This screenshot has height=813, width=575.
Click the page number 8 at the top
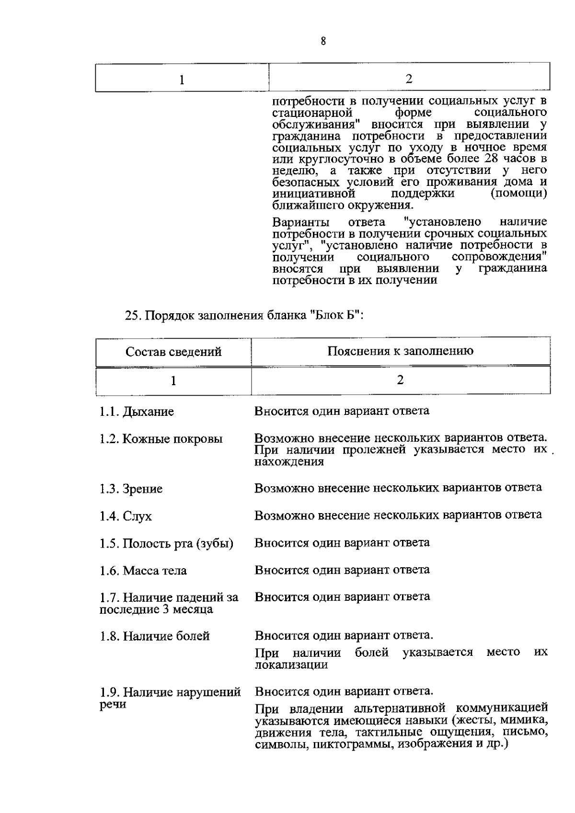pyautogui.click(x=323, y=42)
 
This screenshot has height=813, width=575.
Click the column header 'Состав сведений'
pyautogui.click(x=173, y=352)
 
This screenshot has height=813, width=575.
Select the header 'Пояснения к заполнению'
pyautogui.click(x=400, y=351)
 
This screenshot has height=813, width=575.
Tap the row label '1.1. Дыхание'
pyautogui.click(x=137, y=412)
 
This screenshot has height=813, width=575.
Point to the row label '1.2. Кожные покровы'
pyautogui.click(x=161, y=439)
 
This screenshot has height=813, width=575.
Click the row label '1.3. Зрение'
pyautogui.click(x=131, y=489)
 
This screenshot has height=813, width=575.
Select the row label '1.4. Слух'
pyautogui.click(x=126, y=516)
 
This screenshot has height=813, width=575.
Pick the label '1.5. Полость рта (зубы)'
pyautogui.click(x=166, y=544)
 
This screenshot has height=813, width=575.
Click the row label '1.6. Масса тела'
pyautogui.click(x=143, y=571)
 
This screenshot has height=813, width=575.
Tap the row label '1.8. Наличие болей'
pyautogui.click(x=154, y=637)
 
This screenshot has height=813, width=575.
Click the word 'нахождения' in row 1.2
pyautogui.click(x=289, y=462)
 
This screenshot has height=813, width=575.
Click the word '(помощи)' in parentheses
pyautogui.click(x=519, y=194)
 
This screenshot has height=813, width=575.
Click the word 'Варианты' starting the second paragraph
pyautogui.click(x=300, y=223)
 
